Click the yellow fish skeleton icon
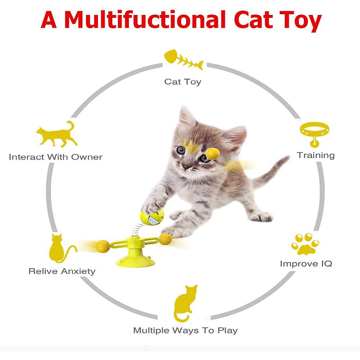pos(184,59)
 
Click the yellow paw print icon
pos(305,244)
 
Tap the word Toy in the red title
pos(301,21)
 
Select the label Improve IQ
pos(306,264)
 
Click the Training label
pos(316,155)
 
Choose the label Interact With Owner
pos(55,157)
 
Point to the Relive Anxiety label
pos(62,271)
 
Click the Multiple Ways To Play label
pos(185,331)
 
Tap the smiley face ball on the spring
pos(152,217)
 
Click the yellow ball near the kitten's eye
pos(212,153)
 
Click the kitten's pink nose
pos(185,166)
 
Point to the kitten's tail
pos(271,171)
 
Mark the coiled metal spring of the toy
pos(137,229)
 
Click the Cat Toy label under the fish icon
pos(183,82)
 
